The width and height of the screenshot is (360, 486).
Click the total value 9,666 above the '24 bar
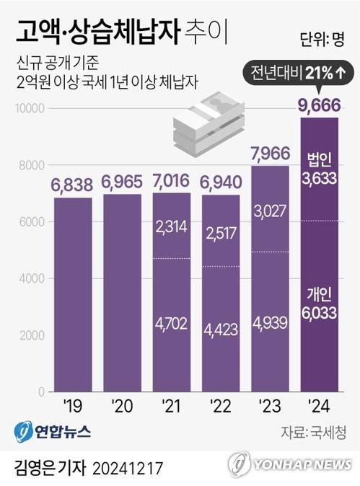coord(319,107)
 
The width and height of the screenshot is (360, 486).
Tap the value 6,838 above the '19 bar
coord(72,185)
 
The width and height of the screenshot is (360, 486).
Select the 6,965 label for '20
coord(123,182)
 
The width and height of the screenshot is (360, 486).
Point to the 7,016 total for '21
coord(172,180)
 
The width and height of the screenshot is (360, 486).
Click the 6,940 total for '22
coord(221,182)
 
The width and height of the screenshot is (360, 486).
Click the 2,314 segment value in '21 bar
coord(172,226)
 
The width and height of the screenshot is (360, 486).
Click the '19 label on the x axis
coord(73,406)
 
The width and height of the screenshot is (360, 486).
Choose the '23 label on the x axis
coord(270,406)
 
